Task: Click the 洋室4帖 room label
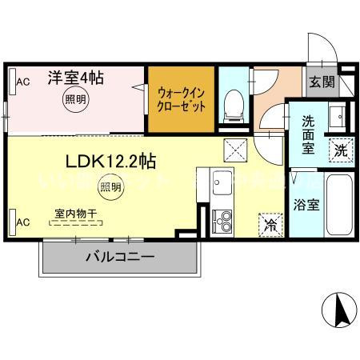(x=74, y=78)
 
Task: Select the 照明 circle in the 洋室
(x=74, y=101)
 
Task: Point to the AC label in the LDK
(x=24, y=221)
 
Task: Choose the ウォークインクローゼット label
(x=182, y=98)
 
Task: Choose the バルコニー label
(x=120, y=257)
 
